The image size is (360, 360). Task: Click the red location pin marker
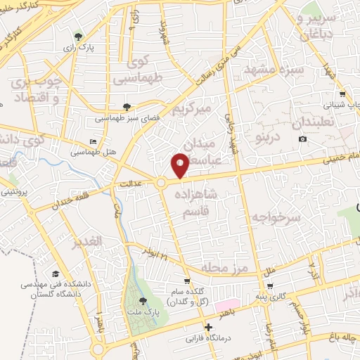click(180, 166)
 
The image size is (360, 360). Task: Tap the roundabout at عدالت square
click(161, 183)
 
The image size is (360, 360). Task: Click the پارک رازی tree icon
click(78, 37)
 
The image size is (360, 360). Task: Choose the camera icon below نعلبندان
click(303, 139)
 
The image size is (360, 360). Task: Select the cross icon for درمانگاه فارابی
click(207, 327)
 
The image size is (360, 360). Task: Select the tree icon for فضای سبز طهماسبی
click(127, 107)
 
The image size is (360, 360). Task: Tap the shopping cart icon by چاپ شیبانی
click(342, 94)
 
